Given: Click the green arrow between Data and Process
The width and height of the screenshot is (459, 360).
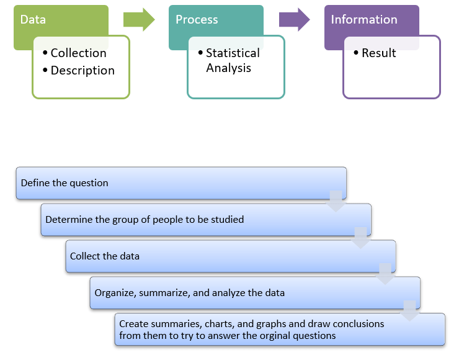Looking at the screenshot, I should click(139, 19).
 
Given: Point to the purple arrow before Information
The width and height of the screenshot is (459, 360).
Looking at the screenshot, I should click(294, 19).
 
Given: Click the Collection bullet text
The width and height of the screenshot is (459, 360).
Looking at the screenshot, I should click(78, 53).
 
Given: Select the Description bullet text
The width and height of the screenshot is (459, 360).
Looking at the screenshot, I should click(82, 71).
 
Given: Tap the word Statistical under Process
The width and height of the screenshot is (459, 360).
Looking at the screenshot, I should click(233, 53).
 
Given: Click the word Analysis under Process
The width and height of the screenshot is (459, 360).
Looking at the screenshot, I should click(228, 68).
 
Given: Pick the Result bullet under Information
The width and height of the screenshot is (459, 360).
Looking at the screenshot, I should click(378, 53).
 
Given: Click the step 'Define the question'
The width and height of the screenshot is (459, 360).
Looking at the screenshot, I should click(65, 183).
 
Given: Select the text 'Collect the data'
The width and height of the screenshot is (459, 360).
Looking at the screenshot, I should click(105, 256).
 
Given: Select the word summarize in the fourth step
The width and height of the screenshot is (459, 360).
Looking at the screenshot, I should click(166, 293).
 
